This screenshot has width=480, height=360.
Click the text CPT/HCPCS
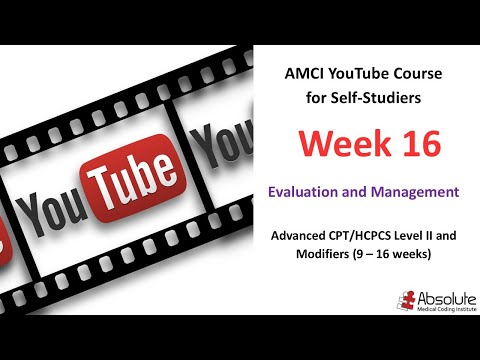pyautogui.click(x=370, y=237)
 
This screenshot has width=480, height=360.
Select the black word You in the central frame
pyautogui.click(x=50, y=210)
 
